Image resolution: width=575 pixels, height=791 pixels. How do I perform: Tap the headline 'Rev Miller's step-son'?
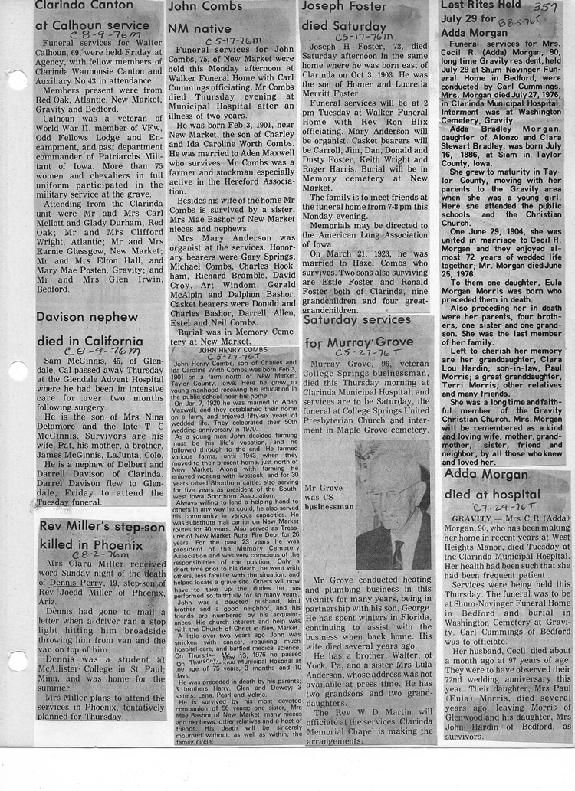103,528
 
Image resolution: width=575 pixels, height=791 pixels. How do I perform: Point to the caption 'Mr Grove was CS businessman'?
328,496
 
